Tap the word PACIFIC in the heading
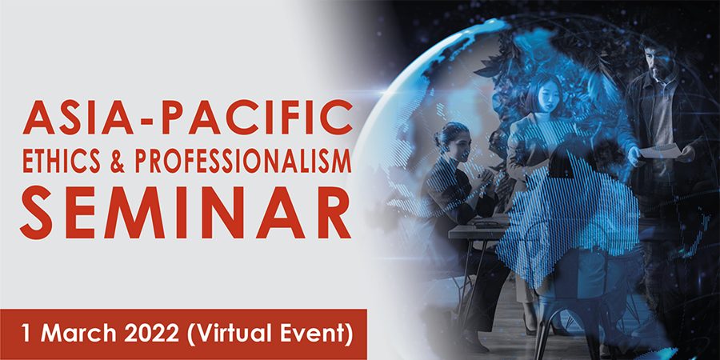[257, 118]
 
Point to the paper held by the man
[659, 151]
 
